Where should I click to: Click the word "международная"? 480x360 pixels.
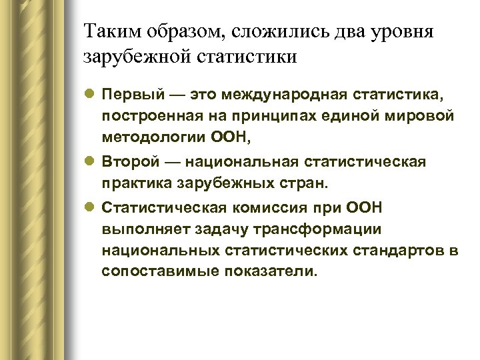pos(273,95)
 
